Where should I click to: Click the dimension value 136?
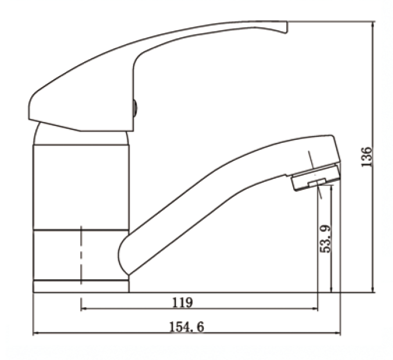point(366,157)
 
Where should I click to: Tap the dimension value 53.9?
point(326,239)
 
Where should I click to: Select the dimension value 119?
point(183,303)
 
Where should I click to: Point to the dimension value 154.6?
point(187,327)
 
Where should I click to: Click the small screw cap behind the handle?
point(135,109)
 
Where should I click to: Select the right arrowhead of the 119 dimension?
point(315,309)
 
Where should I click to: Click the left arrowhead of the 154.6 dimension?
point(36,333)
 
